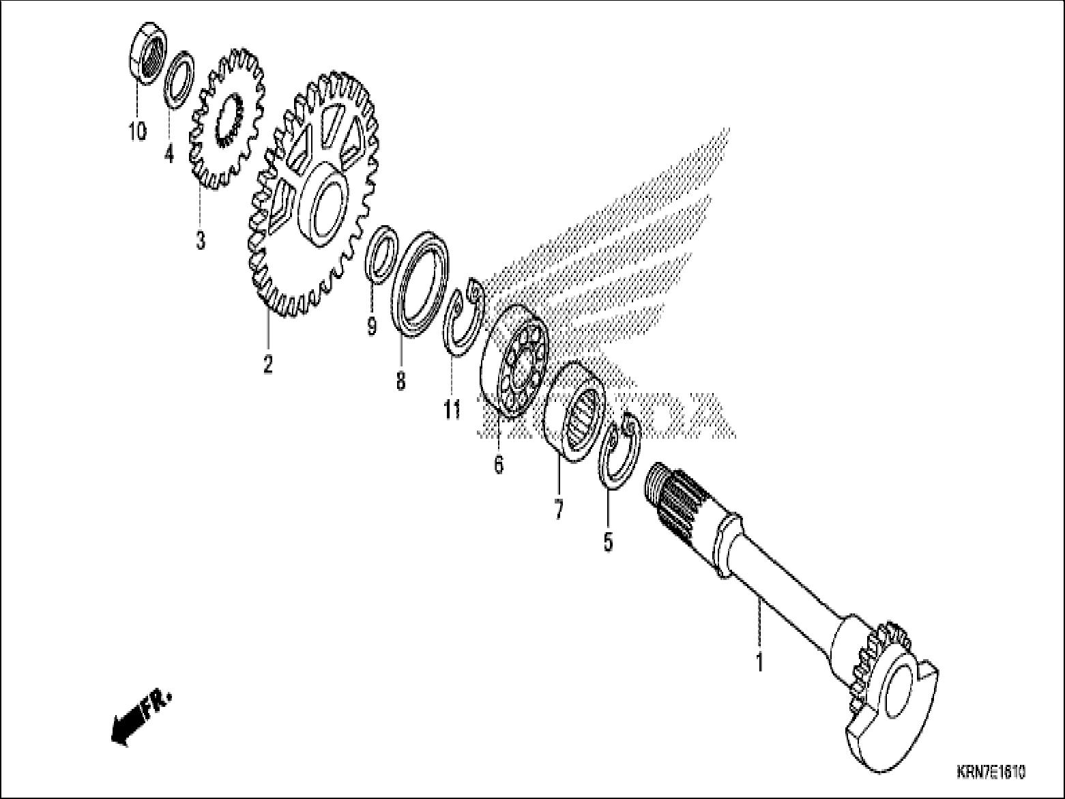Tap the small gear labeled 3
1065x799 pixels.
click(227, 119)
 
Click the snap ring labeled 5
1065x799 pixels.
click(620, 452)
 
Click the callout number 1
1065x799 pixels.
click(759, 661)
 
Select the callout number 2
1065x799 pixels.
click(268, 364)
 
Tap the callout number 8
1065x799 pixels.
click(400, 380)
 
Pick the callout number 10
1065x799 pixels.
click(137, 130)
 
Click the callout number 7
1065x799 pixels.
click(559, 509)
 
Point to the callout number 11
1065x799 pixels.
click(452, 409)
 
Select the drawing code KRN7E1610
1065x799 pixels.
click(990, 772)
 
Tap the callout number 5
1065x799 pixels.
click(608, 541)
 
